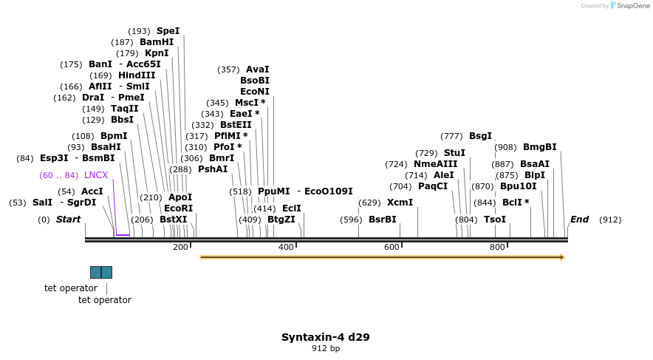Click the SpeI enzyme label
coord(168,31)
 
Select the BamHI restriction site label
coord(157,42)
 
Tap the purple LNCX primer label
coord(96,175)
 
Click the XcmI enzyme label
coord(400,203)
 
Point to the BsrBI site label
coord(382,220)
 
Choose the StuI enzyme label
coord(454,153)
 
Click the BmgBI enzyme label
coord(539,147)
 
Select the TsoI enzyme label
coord(495,220)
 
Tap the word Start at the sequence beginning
coord(68,220)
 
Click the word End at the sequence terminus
coord(579,220)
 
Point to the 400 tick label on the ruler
coord(286,247)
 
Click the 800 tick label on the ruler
coord(497,247)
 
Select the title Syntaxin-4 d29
coord(325,337)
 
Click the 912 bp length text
coord(325,348)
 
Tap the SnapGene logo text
coord(629,5)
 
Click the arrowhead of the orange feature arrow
coord(562,257)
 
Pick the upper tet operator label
coord(71,288)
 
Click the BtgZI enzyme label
coord(281,220)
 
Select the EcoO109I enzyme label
coord(329,191)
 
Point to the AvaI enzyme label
coord(257,69)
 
